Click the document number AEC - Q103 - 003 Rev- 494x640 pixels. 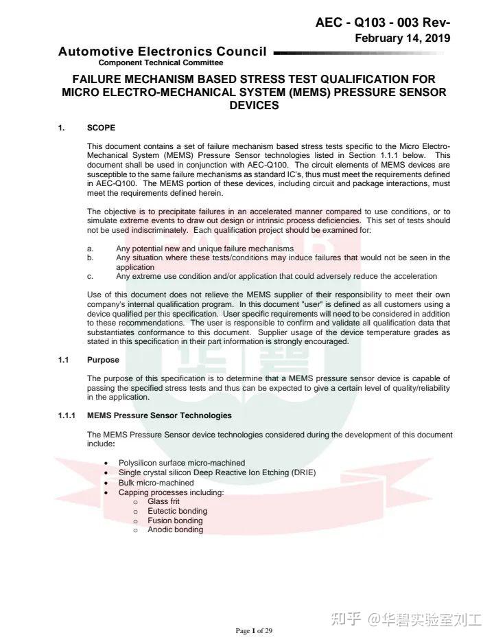coord(382,23)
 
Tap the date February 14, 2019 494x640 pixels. coord(402,38)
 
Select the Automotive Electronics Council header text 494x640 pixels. coord(163,52)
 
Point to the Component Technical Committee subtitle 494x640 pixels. coord(161,62)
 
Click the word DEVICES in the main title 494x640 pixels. coord(254,106)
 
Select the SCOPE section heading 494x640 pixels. coord(101,128)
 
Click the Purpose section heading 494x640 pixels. coord(103,360)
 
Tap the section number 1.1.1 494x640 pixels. coord(67,415)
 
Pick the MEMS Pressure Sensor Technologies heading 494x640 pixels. coord(159,415)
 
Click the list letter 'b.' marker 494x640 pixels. coord(91,258)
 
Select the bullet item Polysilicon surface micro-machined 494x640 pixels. coord(181,463)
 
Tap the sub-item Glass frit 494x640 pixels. coord(163,501)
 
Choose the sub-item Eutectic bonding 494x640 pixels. coord(177,511)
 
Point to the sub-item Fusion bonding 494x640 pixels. coord(175,521)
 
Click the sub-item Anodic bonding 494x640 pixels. coord(175,529)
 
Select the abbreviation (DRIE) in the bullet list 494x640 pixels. coord(303,472)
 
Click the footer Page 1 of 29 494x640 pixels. coord(254,630)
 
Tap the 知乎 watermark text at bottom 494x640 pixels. coord(346,619)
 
